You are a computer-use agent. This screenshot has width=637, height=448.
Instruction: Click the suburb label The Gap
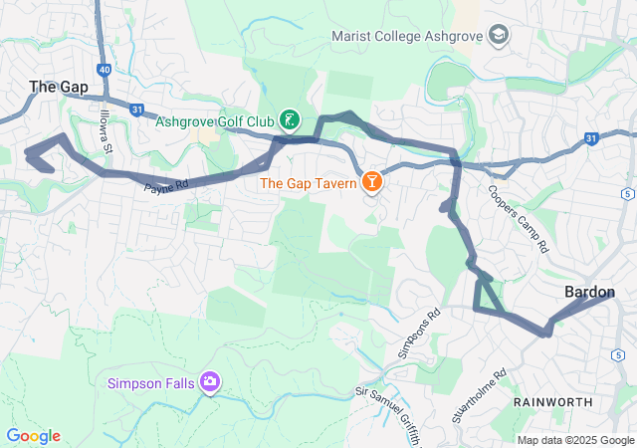click(x=59, y=88)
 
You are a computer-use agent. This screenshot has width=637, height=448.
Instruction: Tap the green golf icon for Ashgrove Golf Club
click(x=290, y=120)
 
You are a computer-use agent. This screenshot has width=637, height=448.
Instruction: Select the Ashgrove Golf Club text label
click(x=214, y=121)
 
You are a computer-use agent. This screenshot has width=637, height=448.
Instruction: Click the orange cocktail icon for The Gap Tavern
click(x=371, y=182)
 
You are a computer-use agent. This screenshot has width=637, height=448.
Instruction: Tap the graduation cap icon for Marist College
click(x=500, y=37)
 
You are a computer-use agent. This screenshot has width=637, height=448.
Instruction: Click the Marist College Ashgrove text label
click(x=408, y=37)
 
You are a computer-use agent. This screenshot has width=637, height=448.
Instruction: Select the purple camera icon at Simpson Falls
click(x=210, y=382)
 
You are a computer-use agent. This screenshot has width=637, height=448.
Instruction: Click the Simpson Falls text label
click(x=152, y=383)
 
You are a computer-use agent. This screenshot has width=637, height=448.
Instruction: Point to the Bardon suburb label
click(x=590, y=292)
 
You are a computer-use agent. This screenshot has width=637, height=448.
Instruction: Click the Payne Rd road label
click(x=166, y=186)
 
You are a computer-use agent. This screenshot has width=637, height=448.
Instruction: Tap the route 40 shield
click(x=105, y=70)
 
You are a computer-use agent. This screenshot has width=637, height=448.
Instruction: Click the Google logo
click(x=33, y=436)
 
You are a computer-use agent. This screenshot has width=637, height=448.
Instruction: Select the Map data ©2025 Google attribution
click(x=575, y=441)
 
